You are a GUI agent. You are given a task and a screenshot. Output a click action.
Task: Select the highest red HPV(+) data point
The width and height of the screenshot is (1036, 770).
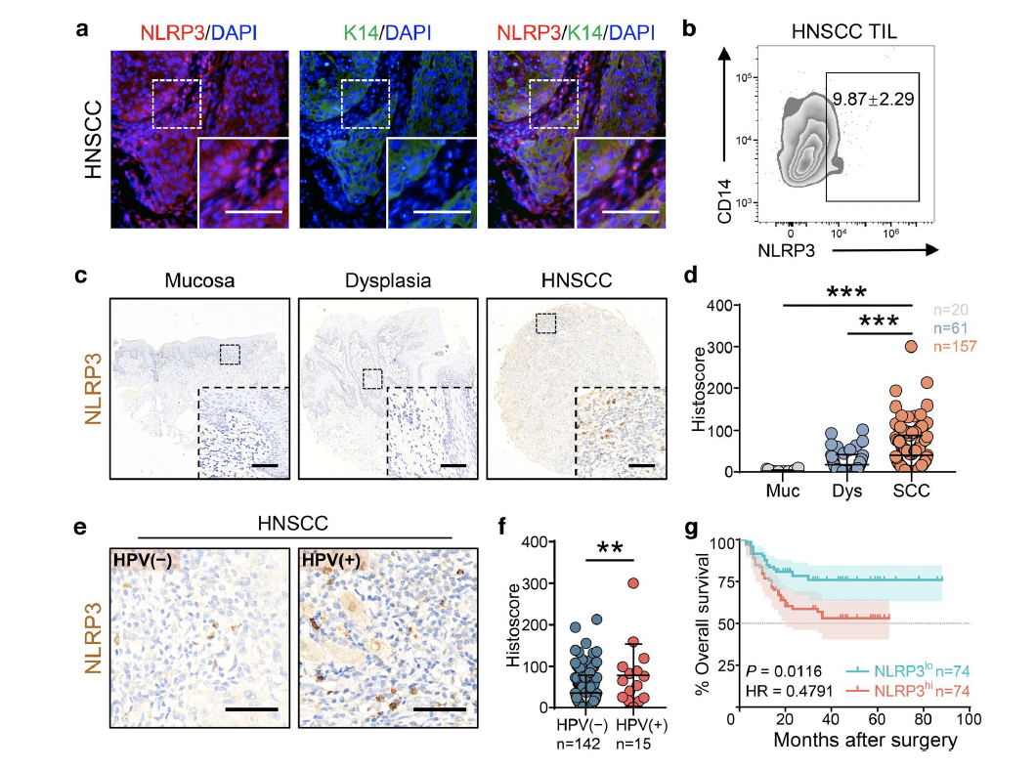click(634, 583)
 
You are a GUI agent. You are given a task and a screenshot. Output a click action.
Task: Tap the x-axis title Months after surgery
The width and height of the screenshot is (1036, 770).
click(864, 740)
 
